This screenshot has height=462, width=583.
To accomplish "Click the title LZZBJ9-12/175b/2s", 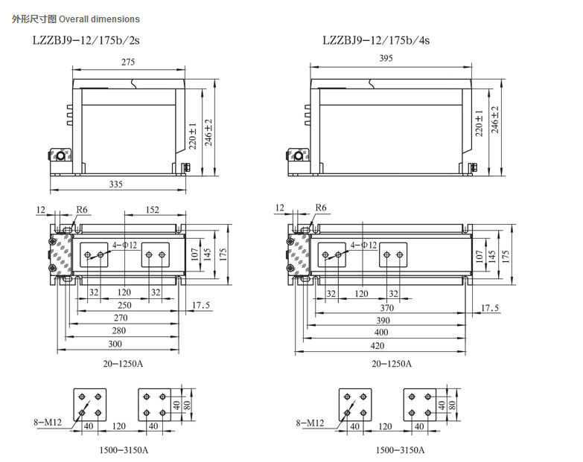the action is [x=86, y=40].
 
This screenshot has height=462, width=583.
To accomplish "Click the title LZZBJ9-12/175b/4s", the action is [x=376, y=40].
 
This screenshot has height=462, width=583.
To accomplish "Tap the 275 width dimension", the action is [x=128, y=62].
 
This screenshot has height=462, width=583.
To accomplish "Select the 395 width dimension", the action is [x=386, y=58].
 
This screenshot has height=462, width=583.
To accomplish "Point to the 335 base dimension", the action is [x=115, y=184].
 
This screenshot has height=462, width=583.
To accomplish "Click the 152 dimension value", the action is [x=152, y=210].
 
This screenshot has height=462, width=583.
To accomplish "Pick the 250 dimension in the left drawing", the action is [x=124, y=305].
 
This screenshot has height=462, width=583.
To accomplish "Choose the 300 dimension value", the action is [x=115, y=344].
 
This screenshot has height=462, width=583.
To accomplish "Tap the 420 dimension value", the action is [x=377, y=346].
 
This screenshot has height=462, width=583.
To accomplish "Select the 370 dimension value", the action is [x=386, y=308].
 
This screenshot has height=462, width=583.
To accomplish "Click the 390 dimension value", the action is [x=383, y=321].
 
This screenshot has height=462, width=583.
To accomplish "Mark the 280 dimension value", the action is [x=119, y=330].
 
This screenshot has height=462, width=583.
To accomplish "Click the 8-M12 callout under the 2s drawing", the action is [x=48, y=422].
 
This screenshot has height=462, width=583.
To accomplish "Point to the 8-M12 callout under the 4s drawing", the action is [x=310, y=423].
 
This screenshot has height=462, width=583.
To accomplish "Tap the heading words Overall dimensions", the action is [x=99, y=19].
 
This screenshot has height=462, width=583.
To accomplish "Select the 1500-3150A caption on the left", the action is [x=124, y=450].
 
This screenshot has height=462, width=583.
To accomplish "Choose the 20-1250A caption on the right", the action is [x=392, y=364].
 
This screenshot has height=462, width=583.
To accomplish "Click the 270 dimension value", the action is [x=121, y=318].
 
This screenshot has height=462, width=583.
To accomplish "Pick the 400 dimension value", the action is [x=381, y=333].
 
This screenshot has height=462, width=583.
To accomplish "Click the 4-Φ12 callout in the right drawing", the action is [x=363, y=245].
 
